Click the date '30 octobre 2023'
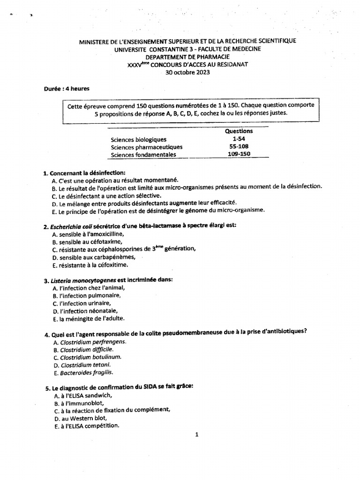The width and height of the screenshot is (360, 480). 187,73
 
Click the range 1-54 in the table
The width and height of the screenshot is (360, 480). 239,139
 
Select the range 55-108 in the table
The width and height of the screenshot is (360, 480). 239,147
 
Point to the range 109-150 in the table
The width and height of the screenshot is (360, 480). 239,154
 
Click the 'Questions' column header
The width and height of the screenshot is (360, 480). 239,131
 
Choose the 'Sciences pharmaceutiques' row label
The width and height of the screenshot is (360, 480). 146,147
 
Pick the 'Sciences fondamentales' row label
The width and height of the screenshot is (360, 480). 143,154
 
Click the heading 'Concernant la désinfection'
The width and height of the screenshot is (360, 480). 88,173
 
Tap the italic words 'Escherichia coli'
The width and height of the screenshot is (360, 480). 71,226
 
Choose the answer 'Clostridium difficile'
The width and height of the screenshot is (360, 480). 86,349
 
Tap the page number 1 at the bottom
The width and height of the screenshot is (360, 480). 197,435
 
